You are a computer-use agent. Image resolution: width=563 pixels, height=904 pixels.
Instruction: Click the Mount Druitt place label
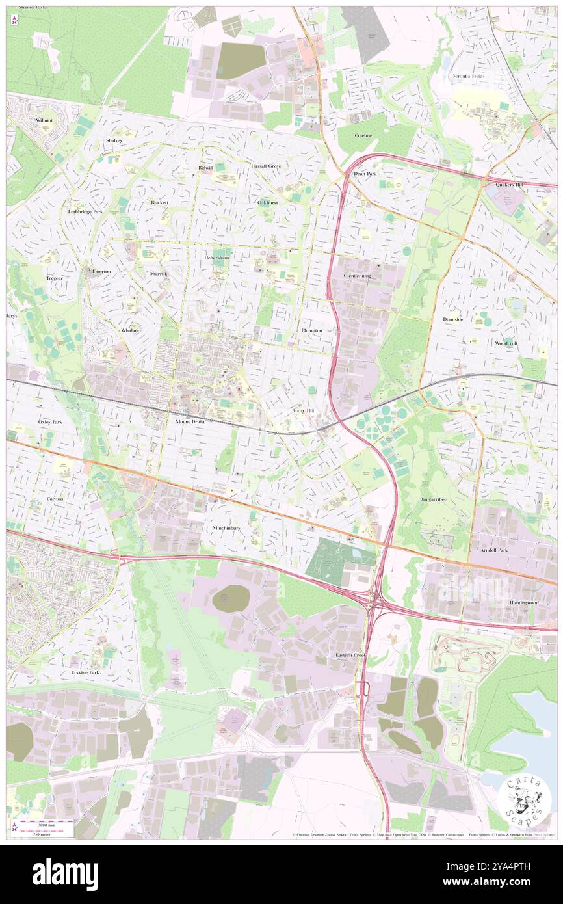(190, 421)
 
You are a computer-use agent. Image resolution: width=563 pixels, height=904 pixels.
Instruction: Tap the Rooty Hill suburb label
(302, 411)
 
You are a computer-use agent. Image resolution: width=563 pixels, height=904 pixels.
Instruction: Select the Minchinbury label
(226, 528)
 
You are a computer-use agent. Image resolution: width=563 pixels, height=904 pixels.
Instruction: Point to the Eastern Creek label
(352, 654)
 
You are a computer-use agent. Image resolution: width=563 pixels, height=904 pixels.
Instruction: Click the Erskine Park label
(85, 672)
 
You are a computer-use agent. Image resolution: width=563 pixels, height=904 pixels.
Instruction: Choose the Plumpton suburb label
(311, 330)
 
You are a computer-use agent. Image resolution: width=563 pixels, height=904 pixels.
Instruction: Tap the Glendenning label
(357, 276)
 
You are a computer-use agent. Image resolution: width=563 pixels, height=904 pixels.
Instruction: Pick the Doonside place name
(453, 319)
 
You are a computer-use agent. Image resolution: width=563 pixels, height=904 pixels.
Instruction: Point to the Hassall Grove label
(266, 166)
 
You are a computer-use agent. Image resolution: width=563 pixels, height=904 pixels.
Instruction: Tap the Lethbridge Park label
(85, 212)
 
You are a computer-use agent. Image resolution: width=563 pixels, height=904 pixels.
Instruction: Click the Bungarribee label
(436, 499)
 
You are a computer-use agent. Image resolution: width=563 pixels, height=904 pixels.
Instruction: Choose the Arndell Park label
(493, 550)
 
